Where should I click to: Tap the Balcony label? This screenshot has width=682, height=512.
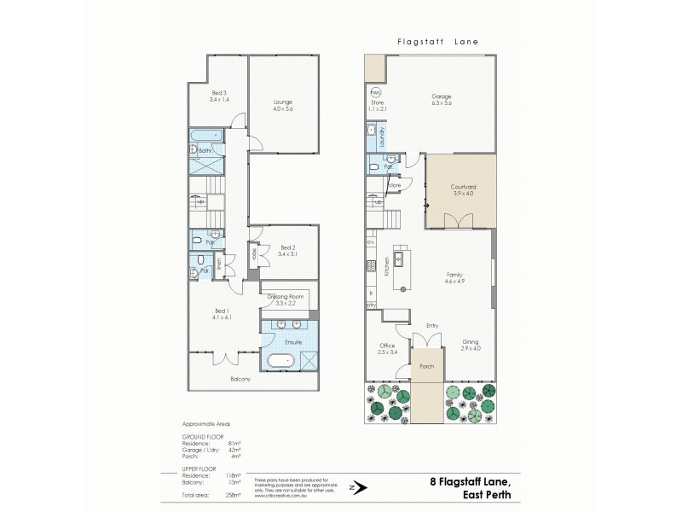(x=241, y=379)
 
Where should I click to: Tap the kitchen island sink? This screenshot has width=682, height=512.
(x=397, y=255)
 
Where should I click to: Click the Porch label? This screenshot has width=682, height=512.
(x=427, y=367)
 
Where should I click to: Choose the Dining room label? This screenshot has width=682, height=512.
(x=471, y=341)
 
